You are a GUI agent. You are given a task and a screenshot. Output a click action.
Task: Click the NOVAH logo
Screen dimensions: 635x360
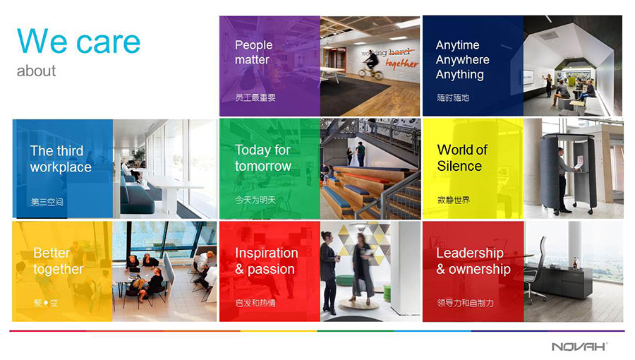pyautogui.click(x=579, y=346)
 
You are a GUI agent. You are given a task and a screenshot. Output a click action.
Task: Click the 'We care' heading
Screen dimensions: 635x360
pyautogui.click(x=78, y=42)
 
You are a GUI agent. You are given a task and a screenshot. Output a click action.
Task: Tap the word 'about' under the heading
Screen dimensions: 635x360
pyautogui.click(x=36, y=71)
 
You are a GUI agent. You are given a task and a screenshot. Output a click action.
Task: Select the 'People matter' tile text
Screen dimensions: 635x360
pyautogui.click(x=253, y=52)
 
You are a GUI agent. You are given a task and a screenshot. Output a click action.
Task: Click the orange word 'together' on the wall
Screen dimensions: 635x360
pyautogui.click(x=401, y=64)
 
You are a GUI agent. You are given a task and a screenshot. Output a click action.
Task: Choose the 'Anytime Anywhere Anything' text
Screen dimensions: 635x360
pyautogui.click(x=462, y=59)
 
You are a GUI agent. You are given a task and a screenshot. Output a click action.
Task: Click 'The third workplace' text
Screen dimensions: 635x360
pyautogui.click(x=61, y=159)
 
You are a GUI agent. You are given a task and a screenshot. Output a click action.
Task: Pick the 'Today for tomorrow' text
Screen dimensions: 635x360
pyautogui.click(x=263, y=158)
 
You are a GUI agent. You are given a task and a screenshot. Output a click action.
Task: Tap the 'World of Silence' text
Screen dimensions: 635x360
pyautogui.click(x=462, y=158)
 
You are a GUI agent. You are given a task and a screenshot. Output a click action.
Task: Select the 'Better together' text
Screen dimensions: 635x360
pyautogui.click(x=59, y=260)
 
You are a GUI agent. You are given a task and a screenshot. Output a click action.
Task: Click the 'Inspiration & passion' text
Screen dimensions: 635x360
pyautogui.click(x=267, y=260)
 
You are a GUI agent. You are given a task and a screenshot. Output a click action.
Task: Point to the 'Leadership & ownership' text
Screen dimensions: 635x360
pyautogui.click(x=473, y=260)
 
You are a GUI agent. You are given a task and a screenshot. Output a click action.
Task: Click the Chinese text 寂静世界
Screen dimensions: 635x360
pyautogui.click(x=454, y=200)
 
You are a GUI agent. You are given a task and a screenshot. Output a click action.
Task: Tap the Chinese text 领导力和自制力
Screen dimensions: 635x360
pyautogui.click(x=466, y=303)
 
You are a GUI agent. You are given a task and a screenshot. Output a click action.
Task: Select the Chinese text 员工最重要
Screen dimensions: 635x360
pyautogui.click(x=255, y=97)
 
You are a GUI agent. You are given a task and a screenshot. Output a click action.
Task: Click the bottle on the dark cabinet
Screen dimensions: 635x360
pyautogui.click(x=575, y=263)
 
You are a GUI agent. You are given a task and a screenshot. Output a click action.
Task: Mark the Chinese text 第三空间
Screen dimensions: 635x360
pyautogui.click(x=47, y=202)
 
